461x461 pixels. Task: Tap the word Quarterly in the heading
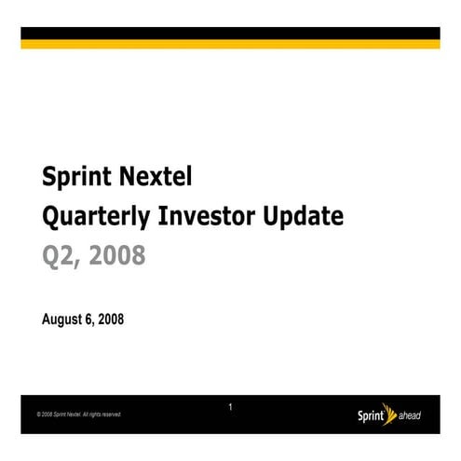pyautogui.click(x=98, y=217)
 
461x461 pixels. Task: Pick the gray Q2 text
pyautogui.click(x=59, y=256)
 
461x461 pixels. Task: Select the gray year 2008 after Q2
pyautogui.click(x=116, y=255)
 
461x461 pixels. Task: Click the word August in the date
pyautogui.click(x=63, y=319)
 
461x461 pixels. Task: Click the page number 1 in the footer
pyautogui.click(x=230, y=407)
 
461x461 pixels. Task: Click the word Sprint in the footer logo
pyautogui.click(x=373, y=414)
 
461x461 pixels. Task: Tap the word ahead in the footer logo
pyautogui.click(x=410, y=415)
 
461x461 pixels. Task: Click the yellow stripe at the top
pyautogui.click(x=230, y=44)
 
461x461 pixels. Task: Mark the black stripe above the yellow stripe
pyautogui.click(x=230, y=34)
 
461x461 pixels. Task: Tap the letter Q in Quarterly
pyautogui.click(x=51, y=217)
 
